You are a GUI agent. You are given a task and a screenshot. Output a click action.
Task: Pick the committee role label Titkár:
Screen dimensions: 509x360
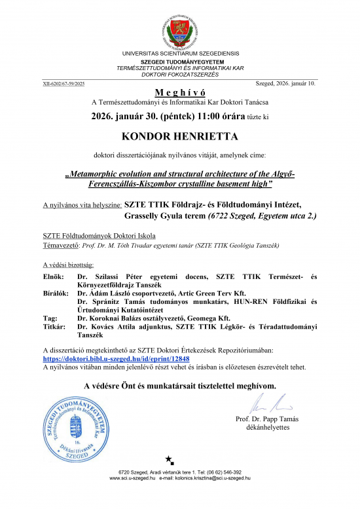point(52,326)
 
